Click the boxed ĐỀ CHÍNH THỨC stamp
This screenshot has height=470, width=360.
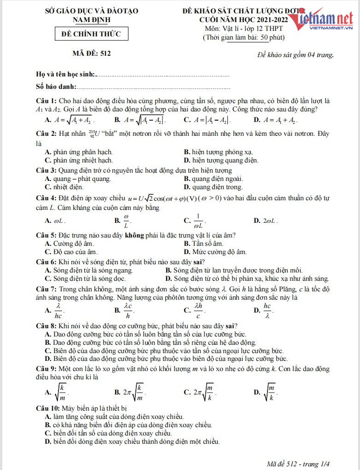pos(91,34)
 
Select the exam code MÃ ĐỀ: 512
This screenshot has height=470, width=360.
pos(92,53)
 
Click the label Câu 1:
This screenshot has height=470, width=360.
pos(46,101)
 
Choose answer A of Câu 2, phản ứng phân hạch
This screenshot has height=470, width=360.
pos(79,152)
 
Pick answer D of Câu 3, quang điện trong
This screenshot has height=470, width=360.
pos(213,187)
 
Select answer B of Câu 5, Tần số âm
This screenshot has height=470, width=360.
pos(203,244)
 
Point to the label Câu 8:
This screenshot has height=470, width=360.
pos(46,325)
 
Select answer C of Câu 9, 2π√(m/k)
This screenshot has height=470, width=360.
pos(200,392)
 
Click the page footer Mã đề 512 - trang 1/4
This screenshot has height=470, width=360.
pos(299,463)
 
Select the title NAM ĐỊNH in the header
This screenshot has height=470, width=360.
pos(91,19)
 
